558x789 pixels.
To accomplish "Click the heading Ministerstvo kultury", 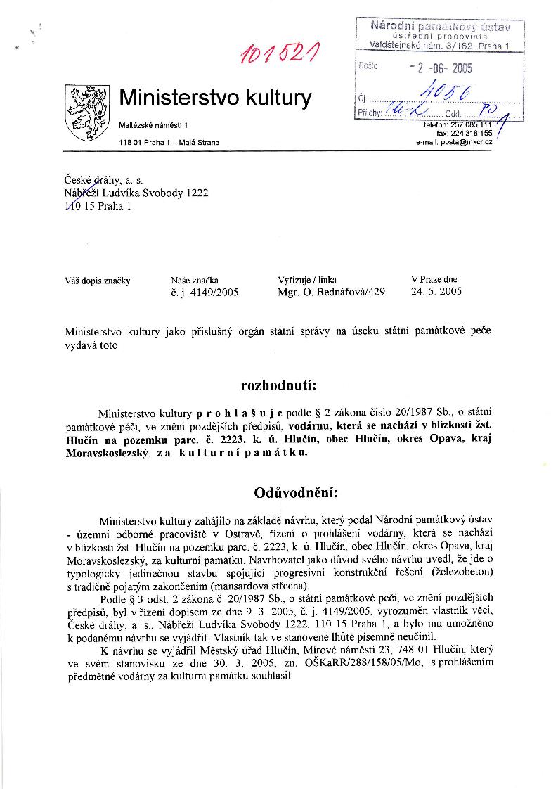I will pos(215,97).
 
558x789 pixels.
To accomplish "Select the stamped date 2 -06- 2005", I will pos(441,68).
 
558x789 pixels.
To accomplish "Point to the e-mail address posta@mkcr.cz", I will pos(454,141).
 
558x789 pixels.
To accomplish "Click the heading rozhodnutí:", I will pos(278,386).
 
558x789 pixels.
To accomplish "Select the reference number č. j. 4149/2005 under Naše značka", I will pos(205,293).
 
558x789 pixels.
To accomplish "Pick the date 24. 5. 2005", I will pos(436,292).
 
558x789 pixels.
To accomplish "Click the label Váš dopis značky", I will pos(98,280).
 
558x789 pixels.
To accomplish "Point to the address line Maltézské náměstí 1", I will pos(154,124).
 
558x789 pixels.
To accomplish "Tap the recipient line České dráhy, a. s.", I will pos(103,181).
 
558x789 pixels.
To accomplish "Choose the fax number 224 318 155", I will pos(470,132).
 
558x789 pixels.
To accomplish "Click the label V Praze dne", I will pos(434,279).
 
